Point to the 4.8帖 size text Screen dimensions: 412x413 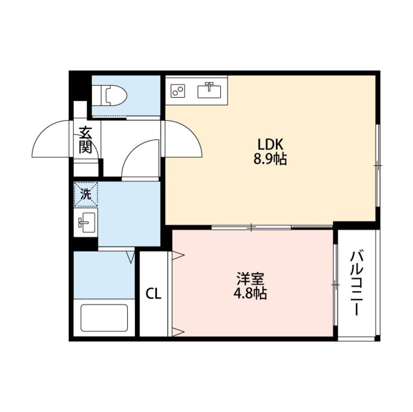point(250,294)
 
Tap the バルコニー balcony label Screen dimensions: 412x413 point(356,283)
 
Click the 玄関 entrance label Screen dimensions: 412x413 point(85,140)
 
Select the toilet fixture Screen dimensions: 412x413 point(109,94)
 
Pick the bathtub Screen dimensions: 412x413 point(104,318)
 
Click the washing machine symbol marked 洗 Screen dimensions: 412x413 point(85,194)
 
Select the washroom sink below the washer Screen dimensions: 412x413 point(85,223)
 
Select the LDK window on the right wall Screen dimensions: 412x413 point(377,165)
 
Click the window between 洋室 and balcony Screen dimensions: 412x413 point(335,285)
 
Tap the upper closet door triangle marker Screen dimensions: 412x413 point(178,256)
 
